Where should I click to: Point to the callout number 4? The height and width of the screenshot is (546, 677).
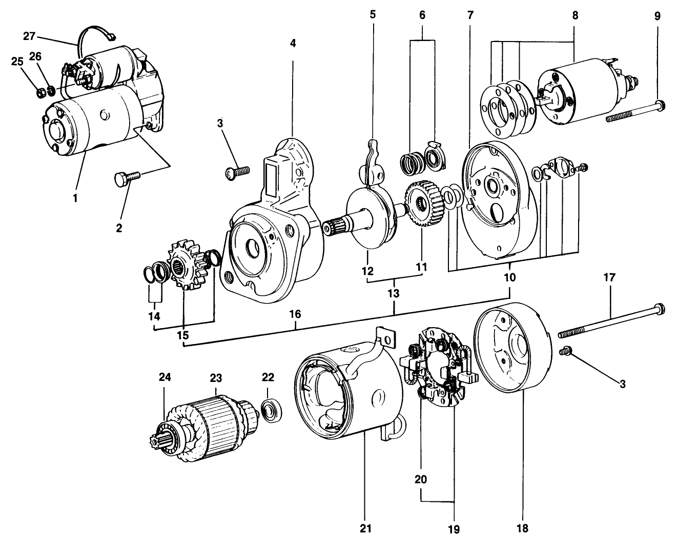point(293,44)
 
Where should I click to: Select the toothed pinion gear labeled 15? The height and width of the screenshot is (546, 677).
point(183,266)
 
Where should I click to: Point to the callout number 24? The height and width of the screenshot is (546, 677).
point(164,377)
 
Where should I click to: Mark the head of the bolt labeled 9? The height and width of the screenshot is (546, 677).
point(661,106)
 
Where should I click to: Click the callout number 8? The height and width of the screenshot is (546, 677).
point(575,15)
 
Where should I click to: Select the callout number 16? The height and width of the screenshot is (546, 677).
point(295,314)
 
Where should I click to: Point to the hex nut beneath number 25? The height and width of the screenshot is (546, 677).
point(41,93)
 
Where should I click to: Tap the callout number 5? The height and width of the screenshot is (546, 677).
point(373,14)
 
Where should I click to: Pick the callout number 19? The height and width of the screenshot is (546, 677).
point(454,528)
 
